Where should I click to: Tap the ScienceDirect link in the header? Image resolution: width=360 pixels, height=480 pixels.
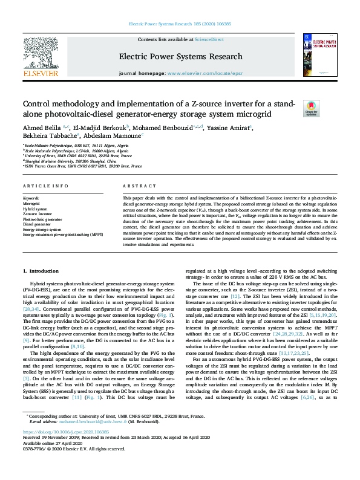(209, 39)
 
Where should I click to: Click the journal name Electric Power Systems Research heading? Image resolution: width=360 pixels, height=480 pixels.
(180, 57)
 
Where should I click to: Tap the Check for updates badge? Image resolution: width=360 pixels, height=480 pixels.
(327, 109)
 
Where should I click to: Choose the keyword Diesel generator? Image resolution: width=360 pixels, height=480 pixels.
(39, 224)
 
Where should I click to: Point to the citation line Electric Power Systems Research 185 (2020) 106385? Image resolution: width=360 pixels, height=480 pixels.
(180, 24)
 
